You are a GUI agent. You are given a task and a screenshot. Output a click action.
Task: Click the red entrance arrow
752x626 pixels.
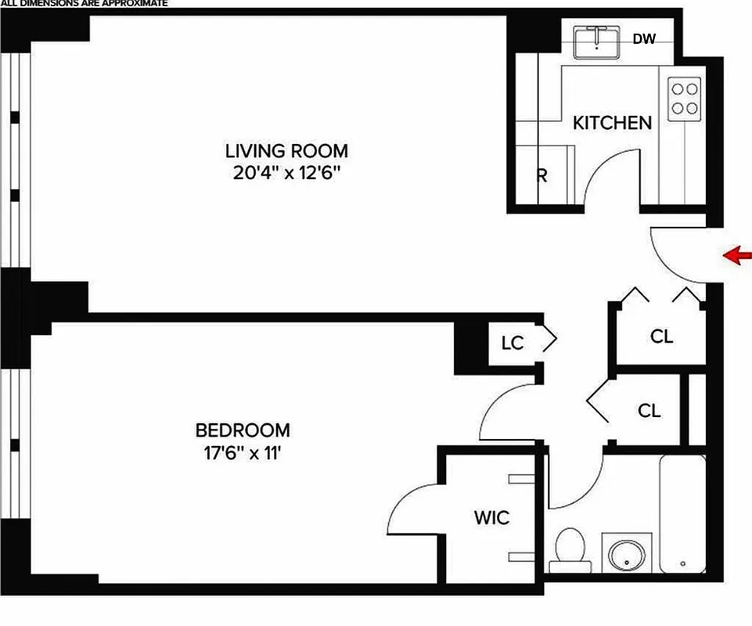coord(738,255)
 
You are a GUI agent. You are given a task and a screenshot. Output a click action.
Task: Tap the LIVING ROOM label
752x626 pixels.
coord(286,151)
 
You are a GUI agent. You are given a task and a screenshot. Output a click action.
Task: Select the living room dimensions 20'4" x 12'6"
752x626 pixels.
coord(286,174)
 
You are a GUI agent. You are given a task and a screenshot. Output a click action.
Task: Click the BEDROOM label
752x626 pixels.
coord(243,430)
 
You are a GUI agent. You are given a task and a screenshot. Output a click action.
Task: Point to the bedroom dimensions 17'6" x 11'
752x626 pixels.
coord(243,452)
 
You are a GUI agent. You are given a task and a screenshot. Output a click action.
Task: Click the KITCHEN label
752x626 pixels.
coord(612,123)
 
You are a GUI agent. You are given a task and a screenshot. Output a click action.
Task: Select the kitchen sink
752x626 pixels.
coord(597,42)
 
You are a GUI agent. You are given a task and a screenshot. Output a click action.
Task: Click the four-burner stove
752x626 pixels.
coord(684,98)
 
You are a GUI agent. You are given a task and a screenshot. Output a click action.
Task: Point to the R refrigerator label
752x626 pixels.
coord(541,175)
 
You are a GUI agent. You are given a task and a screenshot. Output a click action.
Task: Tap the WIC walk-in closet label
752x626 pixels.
coord(491,517)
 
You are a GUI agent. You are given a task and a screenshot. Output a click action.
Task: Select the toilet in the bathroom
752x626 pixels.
coord(569,548)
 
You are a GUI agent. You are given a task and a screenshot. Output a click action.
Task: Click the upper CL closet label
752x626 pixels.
coord(661,336)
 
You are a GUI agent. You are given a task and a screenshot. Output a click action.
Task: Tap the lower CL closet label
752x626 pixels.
coord(649,410)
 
